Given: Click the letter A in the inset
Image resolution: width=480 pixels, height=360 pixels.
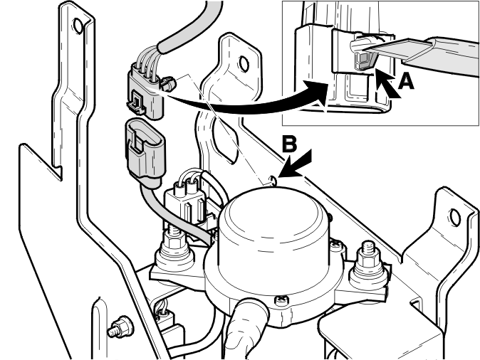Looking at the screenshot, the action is tap(406, 82).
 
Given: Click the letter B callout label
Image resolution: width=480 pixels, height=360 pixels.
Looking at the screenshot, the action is tap(289, 144).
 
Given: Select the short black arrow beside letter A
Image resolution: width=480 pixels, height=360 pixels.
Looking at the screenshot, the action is tap(387, 85).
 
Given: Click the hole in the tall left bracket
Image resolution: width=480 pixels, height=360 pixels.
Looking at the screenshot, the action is tap(78, 26).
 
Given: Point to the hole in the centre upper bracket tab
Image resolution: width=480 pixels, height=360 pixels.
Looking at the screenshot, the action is tap(244, 63).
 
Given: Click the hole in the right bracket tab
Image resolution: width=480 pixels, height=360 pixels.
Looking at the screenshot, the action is tap(455, 218).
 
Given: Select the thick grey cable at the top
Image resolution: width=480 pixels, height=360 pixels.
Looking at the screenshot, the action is tap(190, 28).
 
